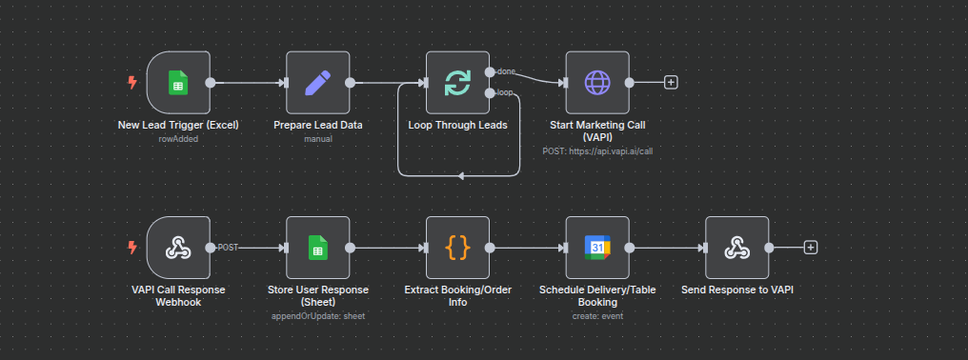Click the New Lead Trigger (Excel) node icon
[178, 83]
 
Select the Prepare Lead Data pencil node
[317, 83]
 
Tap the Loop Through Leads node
[457, 83]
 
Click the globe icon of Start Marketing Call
[597, 83]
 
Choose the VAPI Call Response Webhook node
[178, 248]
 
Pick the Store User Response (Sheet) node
[317, 248]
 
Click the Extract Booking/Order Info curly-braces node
[457, 248]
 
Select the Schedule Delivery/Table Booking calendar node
[597, 248]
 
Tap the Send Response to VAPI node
[736, 248]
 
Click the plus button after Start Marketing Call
[671, 83]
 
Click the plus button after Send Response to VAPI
[811, 248]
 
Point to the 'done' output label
[506, 71]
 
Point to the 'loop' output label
[506, 93]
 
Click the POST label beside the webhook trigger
[228, 248]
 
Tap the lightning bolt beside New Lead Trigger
[132, 83]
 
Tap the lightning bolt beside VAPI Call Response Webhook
[132, 248]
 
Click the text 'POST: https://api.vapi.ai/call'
[597, 150]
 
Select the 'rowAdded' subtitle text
[178, 138]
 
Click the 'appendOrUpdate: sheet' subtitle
[317, 315]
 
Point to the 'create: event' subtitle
[597, 315]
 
